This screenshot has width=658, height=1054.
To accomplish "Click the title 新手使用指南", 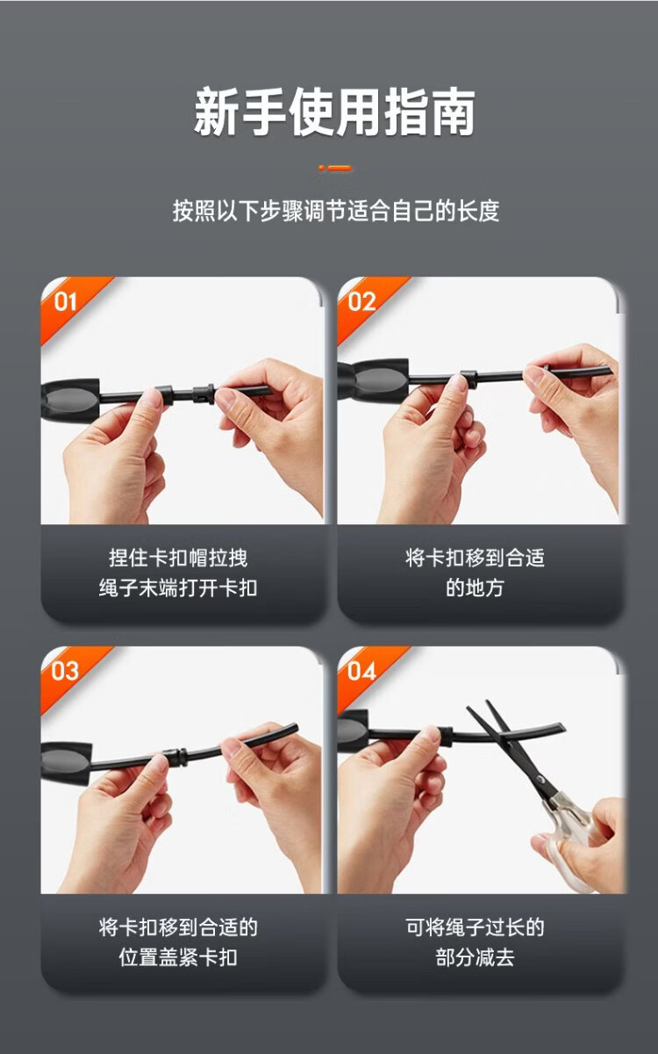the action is pyautogui.click(x=334, y=112).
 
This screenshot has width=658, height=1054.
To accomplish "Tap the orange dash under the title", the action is pyautogui.click(x=334, y=168).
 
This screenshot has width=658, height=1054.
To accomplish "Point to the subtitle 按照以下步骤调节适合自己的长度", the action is pyautogui.click(x=335, y=211).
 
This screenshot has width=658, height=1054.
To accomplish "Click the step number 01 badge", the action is pyautogui.click(x=65, y=302).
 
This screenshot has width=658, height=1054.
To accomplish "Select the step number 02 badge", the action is pyautogui.click(x=361, y=302).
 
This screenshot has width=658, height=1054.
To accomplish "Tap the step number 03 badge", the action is pyautogui.click(x=65, y=671).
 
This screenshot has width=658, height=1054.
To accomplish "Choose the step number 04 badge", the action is pyautogui.click(x=361, y=671).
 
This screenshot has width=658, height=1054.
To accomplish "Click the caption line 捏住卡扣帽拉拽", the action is pyautogui.click(x=178, y=558).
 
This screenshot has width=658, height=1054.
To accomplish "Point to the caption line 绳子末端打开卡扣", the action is pyautogui.click(x=178, y=588).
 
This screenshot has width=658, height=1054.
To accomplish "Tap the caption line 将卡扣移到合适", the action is pyautogui.click(x=476, y=558).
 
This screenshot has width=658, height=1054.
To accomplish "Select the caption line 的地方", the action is pyautogui.click(x=476, y=588).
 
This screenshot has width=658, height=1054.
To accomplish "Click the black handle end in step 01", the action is pyautogui.click(x=70, y=400).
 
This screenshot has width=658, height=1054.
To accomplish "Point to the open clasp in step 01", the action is pyautogui.click(x=204, y=395).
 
